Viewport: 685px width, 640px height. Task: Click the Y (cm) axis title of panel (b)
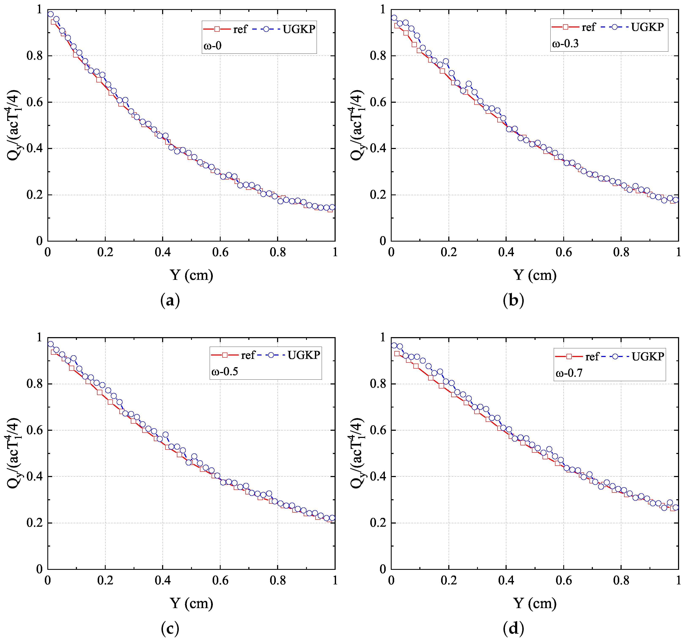coord(535,275)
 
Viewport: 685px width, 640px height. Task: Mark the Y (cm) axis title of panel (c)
coord(191,603)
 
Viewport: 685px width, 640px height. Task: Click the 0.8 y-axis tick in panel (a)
coord(34,56)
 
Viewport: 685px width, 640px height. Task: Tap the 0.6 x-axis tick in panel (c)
coord(220,580)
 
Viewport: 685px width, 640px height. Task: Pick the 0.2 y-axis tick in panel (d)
coord(378,523)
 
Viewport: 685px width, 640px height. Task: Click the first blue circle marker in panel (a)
coord(51,14)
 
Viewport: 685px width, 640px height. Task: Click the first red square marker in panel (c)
coord(53,352)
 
